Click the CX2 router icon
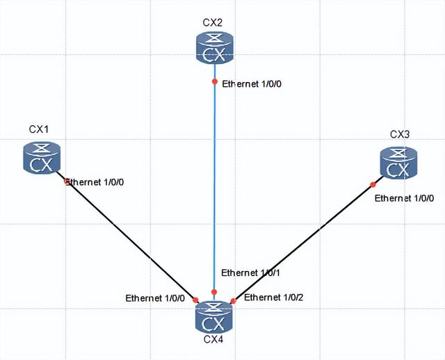click(214, 49)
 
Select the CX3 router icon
click(398, 162)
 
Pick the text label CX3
click(400, 134)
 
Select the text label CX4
click(213, 340)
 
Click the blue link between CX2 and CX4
click(214, 188)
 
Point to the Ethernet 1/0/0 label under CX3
click(404, 198)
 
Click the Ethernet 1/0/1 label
click(250, 272)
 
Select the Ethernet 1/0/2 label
click(274, 297)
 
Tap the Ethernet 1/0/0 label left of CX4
click(155, 298)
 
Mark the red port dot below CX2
click(215, 81)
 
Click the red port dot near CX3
click(373, 184)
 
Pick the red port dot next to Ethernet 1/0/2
click(234, 300)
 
